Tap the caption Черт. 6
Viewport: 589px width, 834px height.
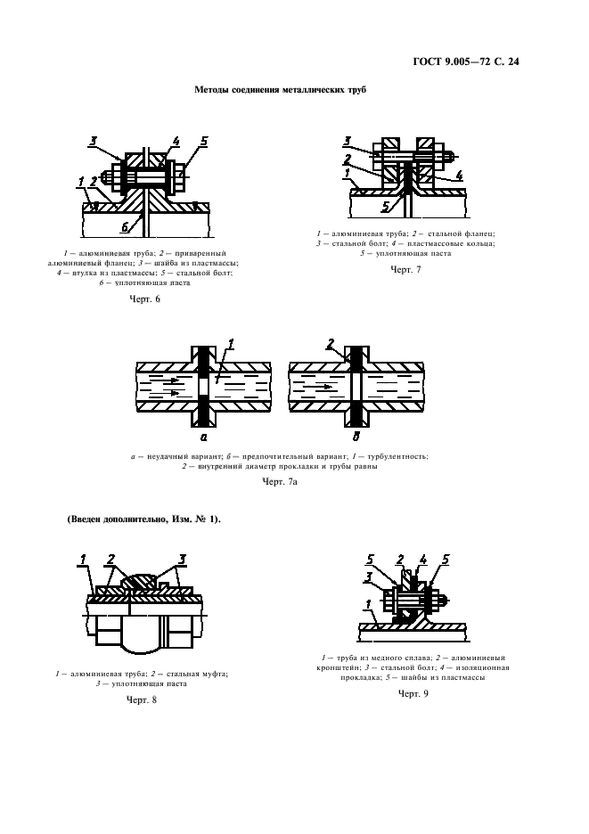tap(145, 298)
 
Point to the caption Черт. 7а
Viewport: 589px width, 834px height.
tap(279, 481)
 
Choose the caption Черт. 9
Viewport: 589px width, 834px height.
tap(413, 693)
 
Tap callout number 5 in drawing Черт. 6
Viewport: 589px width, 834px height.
tap(204, 141)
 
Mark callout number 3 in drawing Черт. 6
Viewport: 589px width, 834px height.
tap(93, 140)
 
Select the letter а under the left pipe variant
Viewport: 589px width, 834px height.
tap(203, 437)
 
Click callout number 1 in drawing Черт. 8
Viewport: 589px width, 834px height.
tap(82, 560)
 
